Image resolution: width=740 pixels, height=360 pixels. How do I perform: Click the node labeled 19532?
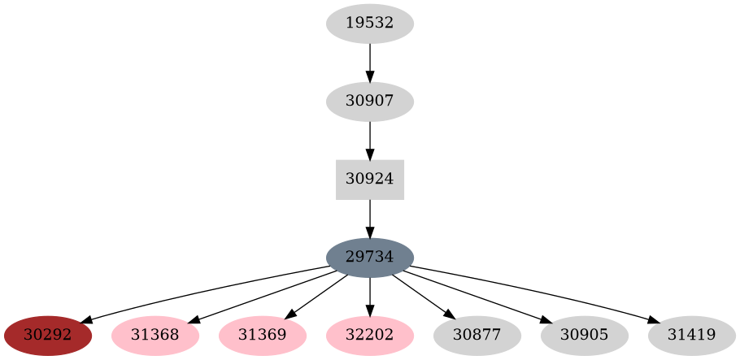(370, 24)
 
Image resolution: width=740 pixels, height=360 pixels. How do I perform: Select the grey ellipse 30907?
(370, 102)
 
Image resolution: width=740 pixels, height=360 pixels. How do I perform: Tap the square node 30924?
(370, 180)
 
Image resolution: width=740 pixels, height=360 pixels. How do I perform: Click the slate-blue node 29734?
(370, 258)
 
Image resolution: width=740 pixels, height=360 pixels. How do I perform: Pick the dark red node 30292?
(48, 336)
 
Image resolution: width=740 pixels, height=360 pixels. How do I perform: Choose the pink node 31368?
(155, 336)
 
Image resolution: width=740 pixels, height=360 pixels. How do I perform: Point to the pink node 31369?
(263, 336)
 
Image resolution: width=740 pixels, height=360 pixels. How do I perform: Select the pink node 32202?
(370, 336)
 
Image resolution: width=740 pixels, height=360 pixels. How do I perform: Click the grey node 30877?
(477, 336)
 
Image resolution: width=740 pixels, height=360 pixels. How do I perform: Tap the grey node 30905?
(585, 336)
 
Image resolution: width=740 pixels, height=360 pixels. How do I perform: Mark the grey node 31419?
(692, 336)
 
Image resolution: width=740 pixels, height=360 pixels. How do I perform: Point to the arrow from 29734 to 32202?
(370, 297)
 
